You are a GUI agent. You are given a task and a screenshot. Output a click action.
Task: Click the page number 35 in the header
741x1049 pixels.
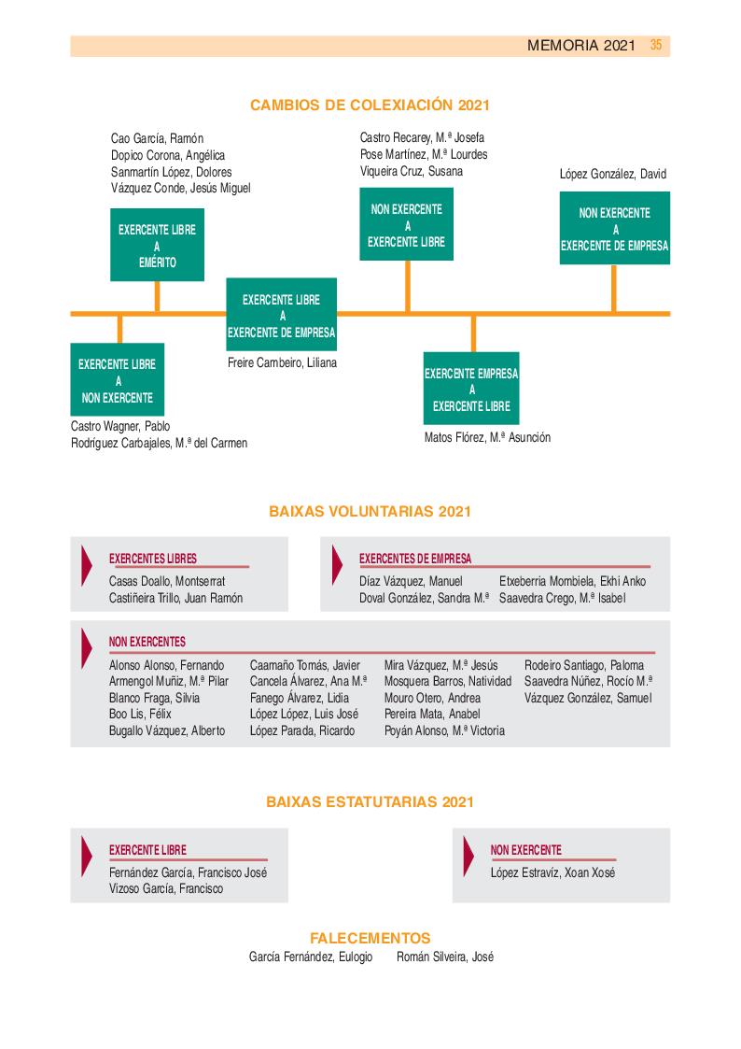[656, 45]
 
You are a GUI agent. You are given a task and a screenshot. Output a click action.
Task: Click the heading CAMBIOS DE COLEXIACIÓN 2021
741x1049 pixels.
[370, 106]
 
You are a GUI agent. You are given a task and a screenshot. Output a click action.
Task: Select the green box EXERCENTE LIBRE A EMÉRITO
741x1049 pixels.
[157, 246]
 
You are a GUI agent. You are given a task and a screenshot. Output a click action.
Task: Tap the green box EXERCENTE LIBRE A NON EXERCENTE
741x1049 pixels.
[118, 380]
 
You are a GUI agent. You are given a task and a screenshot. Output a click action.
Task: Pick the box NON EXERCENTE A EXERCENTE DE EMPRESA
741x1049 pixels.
[614, 229]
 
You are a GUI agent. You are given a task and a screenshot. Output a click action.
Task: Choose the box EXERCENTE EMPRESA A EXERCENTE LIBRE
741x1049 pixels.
[471, 389]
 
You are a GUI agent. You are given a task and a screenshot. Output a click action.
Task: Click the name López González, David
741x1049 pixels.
[612, 174]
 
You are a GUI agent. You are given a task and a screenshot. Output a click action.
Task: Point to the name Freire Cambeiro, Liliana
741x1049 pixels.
[282, 362]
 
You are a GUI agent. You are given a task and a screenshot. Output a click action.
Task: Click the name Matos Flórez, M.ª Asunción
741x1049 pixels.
[487, 437]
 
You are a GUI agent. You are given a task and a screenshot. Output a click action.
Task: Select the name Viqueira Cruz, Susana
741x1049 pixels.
[411, 171]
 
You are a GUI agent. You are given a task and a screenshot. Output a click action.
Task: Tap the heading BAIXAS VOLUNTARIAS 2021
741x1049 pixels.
[370, 511]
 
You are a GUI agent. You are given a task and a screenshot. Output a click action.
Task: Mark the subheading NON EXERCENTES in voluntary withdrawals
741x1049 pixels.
[147, 642]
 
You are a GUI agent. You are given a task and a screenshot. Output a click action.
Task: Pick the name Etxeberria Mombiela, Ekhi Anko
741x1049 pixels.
[572, 581]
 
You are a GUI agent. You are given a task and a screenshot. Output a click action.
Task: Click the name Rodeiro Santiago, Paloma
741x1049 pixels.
[584, 665]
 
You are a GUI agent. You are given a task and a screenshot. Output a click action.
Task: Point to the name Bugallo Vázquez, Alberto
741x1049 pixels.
[167, 730]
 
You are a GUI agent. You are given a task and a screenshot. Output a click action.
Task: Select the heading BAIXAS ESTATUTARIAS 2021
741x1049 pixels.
[370, 801]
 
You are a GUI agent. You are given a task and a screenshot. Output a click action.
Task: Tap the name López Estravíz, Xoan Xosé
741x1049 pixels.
[552, 872]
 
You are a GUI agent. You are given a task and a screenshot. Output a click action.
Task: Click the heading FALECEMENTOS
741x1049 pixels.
[370, 938]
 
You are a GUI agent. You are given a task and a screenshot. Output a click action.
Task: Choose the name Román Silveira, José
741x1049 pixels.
[445, 957]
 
